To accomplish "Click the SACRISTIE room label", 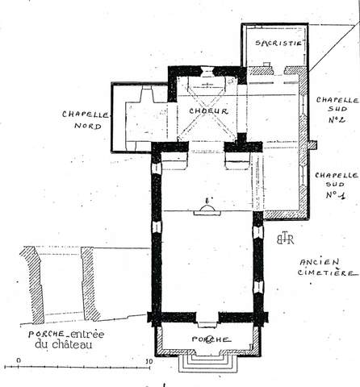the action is point(278,43).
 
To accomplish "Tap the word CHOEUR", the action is point(208,111).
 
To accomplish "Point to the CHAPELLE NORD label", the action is point(86,120).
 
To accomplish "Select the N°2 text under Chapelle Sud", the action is point(337,119).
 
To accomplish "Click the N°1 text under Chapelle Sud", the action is point(335,194).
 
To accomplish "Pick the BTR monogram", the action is point(285,239).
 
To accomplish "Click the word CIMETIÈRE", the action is point(328,273).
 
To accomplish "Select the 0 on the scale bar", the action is point(19,360).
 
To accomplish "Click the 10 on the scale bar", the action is point(149,361).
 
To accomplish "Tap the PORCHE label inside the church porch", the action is point(211,339).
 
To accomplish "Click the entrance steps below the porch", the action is point(208,364).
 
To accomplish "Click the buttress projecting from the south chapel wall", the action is point(312,144).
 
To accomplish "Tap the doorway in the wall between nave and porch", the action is point(207,320).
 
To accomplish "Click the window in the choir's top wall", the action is point(207,71).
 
